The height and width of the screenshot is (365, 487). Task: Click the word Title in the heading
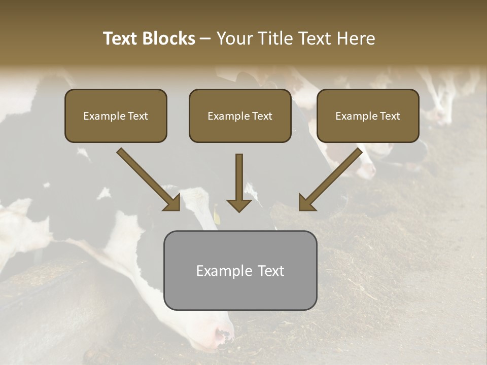(274, 39)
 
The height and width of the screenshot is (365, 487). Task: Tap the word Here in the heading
(355, 39)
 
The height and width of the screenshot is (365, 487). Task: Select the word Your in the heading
(235, 39)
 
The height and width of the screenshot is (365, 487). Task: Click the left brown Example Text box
(116, 116)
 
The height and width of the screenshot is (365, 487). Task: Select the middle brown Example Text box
(240, 116)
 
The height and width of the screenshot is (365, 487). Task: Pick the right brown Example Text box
(368, 116)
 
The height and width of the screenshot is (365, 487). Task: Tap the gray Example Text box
(240, 270)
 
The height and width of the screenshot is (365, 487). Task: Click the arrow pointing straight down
(239, 182)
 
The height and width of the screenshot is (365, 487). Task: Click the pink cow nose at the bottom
(223, 335)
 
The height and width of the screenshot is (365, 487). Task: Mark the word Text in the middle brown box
(262, 116)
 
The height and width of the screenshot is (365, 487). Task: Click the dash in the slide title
(205, 39)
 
